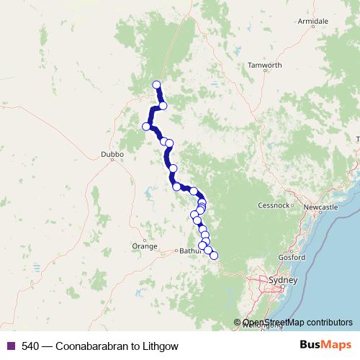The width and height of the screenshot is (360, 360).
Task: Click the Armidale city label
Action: (313, 22)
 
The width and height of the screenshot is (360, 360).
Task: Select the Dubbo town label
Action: (113, 154)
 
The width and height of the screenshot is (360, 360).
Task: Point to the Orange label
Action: (144, 246)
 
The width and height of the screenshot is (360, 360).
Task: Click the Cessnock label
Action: (273, 205)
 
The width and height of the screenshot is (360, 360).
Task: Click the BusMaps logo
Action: (325, 346)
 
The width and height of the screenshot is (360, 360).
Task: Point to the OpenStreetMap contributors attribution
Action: (295, 323)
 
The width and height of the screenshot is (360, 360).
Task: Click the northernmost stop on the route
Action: (156, 85)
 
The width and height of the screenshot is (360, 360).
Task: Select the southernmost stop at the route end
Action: (213, 256)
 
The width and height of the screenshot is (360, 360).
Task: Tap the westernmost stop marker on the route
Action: (146, 127)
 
